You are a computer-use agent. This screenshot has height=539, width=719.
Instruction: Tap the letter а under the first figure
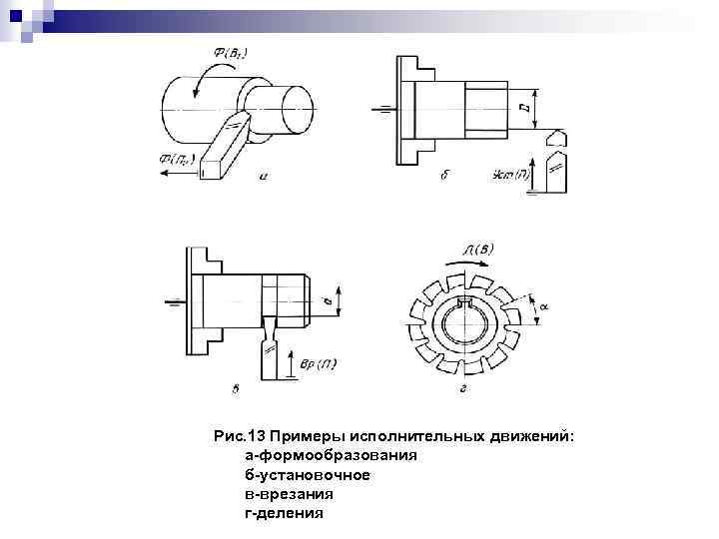click(262, 177)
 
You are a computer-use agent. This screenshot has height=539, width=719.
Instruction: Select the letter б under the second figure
click(446, 175)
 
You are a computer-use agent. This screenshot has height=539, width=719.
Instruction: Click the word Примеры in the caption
click(320, 437)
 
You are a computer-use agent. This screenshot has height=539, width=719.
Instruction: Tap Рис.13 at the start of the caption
click(240, 437)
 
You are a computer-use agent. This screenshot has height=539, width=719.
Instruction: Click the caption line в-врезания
click(290, 494)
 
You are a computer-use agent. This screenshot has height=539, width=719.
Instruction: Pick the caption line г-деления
click(285, 513)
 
